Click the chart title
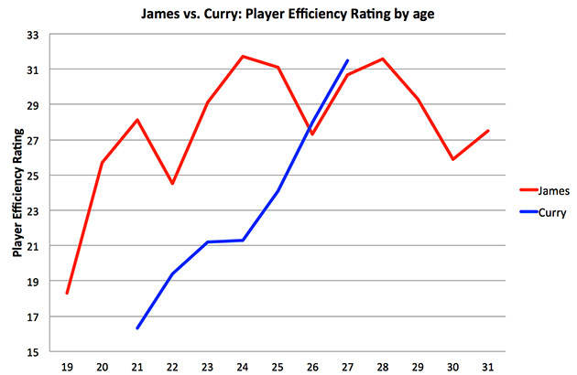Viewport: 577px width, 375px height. (289, 14)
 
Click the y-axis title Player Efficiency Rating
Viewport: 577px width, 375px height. (17, 193)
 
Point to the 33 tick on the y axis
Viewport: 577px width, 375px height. (31, 35)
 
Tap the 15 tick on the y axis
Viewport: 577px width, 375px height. (31, 352)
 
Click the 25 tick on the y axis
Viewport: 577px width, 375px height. (31, 176)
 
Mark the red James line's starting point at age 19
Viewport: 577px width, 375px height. (67, 294)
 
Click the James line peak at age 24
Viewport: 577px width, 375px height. (242, 57)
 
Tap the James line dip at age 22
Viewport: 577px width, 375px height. (172, 184)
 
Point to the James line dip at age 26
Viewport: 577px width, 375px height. (312, 134)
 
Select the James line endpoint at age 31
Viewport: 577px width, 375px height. (487, 131)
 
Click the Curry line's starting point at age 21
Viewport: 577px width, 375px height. (137, 327)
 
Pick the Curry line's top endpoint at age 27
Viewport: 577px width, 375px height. (347, 60)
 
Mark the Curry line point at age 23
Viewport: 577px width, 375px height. (207, 242)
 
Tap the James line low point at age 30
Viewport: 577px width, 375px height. (452, 159)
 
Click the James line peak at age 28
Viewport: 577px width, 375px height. (382, 59)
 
